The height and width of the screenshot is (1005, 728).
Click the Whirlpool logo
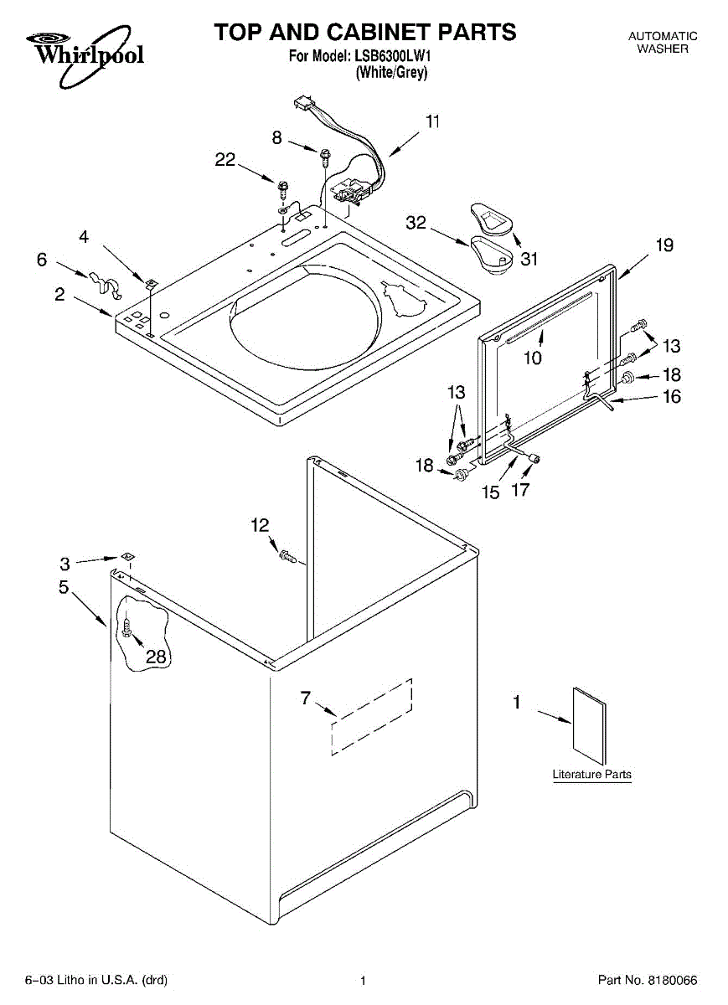coord(85,54)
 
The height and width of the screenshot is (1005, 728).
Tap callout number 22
coord(225,159)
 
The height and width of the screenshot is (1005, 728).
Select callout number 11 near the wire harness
coord(432,121)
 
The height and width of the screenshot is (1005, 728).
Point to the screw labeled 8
coord(325,157)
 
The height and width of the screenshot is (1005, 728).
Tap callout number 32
coord(416,223)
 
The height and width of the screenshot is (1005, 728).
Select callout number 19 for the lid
coord(664,245)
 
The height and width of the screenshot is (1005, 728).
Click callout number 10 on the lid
coord(532,358)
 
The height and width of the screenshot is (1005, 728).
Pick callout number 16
coord(671,396)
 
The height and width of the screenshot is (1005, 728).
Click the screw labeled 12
coord(287,557)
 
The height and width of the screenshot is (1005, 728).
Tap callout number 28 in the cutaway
coord(156,657)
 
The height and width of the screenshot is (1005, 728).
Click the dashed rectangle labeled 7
coord(372,717)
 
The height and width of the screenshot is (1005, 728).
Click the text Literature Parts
coord(591,774)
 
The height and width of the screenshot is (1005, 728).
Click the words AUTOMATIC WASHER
coord(663,42)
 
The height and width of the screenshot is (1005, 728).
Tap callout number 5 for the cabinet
coord(64,586)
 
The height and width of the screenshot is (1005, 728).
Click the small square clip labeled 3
coord(128,557)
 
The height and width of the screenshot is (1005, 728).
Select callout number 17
coord(520,489)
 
